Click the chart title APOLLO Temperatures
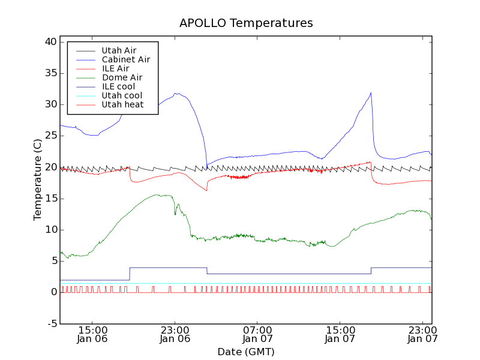coord(246,23)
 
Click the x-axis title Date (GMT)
coord(246,352)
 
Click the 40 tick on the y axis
coord(50,42)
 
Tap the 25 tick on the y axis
coord(50,136)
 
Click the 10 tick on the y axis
coord(50,230)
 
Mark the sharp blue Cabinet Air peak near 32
coord(371,93)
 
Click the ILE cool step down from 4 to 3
coord(207,271)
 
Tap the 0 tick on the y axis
coord(53,292)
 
